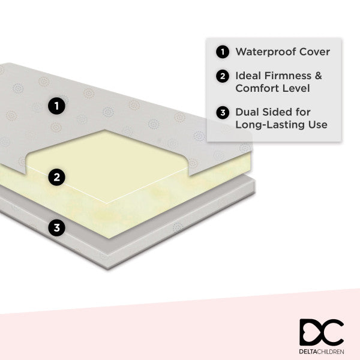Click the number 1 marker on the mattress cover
pyautogui.click(x=56, y=107)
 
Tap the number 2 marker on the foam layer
pyautogui.click(x=56, y=177)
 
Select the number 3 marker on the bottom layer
pyautogui.click(x=56, y=228)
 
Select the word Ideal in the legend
pyautogui.click(x=248, y=76)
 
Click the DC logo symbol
pyautogui.click(x=321, y=332)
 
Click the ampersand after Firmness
pyautogui.click(x=319, y=76)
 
